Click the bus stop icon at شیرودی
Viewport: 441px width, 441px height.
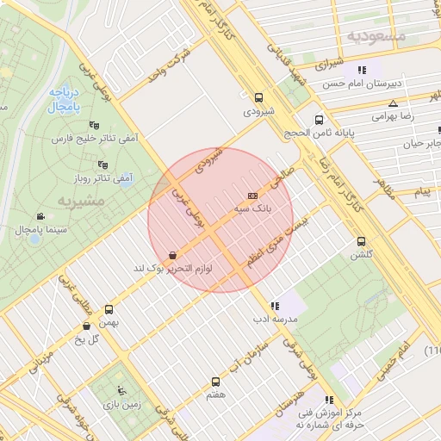259,97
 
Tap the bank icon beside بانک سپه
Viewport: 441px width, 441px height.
252,196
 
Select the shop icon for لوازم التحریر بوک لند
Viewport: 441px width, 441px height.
174,255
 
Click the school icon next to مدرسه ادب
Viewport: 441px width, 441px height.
275,305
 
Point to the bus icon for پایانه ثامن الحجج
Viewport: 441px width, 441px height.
320,120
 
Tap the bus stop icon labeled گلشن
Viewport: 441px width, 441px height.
361,241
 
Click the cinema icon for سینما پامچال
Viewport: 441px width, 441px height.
40,216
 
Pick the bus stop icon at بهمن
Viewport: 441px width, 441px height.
109,308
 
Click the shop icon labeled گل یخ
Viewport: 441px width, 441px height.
86,326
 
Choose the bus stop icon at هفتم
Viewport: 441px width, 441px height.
216,381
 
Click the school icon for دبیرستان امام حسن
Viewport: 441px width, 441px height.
363,70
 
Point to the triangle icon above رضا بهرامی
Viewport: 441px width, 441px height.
393,103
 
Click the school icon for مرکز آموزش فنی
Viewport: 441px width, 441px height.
328,400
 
